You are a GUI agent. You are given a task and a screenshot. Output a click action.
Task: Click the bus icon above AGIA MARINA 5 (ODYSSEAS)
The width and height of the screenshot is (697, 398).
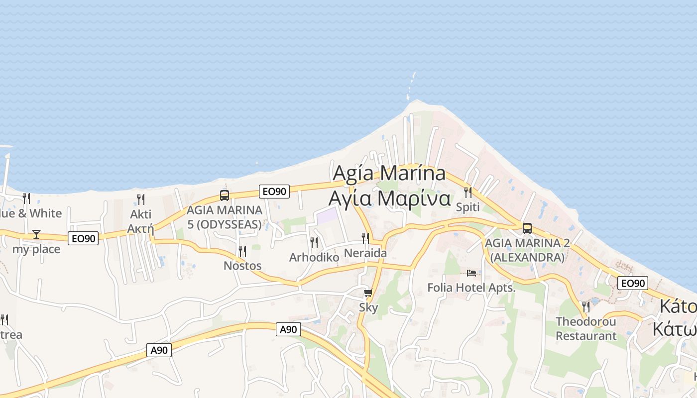pyautogui.click(x=225, y=195)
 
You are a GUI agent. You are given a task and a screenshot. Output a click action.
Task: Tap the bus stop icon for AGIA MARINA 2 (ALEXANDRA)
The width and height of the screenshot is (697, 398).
pyautogui.click(x=527, y=228)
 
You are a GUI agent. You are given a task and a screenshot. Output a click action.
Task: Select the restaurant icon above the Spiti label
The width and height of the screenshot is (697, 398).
pyautogui.click(x=468, y=192)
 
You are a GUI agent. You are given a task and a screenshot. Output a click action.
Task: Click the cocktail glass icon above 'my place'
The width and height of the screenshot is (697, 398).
pyautogui.click(x=36, y=234)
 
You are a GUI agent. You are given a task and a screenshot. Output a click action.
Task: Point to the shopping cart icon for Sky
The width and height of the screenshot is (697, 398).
pyautogui.click(x=368, y=293)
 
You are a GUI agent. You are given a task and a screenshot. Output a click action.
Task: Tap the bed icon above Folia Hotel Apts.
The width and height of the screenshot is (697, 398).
pyautogui.click(x=471, y=273)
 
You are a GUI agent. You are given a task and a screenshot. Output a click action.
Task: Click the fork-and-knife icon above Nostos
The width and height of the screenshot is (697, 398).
pyautogui.click(x=242, y=251)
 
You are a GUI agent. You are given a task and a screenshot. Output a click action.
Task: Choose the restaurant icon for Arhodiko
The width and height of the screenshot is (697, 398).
pyautogui.click(x=314, y=242)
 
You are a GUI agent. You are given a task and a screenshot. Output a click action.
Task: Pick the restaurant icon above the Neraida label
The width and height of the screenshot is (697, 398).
pyautogui.click(x=365, y=238)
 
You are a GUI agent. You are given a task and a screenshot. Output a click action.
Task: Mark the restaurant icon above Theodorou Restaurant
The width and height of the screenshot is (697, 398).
pyautogui.click(x=586, y=306)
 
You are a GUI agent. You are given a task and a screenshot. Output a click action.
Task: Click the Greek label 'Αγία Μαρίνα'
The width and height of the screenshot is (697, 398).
pyautogui.click(x=389, y=198)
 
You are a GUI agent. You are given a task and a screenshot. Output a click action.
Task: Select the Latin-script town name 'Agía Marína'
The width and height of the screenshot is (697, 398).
pyautogui.click(x=389, y=173)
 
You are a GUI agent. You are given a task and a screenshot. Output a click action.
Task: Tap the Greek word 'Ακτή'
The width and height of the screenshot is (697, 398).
pyautogui.click(x=140, y=228)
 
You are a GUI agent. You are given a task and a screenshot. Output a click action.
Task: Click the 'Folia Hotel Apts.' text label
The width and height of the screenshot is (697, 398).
pyautogui.click(x=471, y=288)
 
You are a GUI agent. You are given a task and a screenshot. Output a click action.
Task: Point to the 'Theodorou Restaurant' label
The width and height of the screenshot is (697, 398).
pyautogui.click(x=586, y=328)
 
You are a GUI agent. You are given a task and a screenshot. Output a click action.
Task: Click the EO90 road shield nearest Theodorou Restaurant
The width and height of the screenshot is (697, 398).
pyautogui.click(x=632, y=283)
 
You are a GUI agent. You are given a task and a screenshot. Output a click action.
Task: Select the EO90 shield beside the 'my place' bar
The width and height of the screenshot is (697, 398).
pyautogui.click(x=83, y=238)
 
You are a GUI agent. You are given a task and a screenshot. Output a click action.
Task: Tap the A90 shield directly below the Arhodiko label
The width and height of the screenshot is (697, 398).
pyautogui.click(x=288, y=329)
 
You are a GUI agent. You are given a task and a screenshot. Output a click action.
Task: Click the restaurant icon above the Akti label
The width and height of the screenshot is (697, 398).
pyautogui.click(x=141, y=199)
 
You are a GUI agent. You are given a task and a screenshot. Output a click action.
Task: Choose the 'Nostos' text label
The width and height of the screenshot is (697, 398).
pyautogui.click(x=242, y=266)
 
